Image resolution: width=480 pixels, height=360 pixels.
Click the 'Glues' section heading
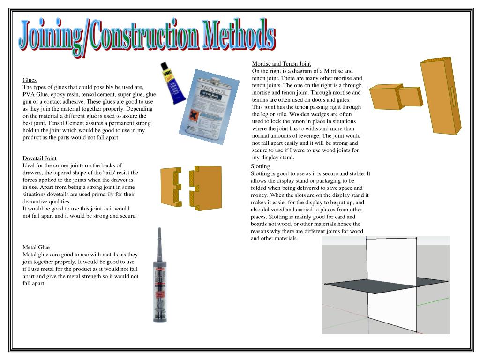pyautogui.click(x=30, y=80)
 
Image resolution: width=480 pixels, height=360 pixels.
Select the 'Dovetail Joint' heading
pyautogui.click(x=39, y=158)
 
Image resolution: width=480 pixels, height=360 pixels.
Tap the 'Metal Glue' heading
pyautogui.click(x=36, y=247)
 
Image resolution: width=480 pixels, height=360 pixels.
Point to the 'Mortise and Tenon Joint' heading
pyautogui.click(x=281, y=64)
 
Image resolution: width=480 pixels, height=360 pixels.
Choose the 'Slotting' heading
pyautogui.click(x=260, y=166)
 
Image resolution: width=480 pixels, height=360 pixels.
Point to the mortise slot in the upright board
pyautogui.click(x=453, y=97)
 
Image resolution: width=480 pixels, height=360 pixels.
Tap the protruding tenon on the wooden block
pyautogui.click(x=411, y=96)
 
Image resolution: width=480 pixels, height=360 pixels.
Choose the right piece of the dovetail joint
pyautogui.click(x=206, y=187)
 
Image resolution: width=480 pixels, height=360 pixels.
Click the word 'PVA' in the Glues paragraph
pyautogui.click(x=29, y=94)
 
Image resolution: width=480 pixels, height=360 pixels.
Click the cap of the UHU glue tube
pyautogui.click(x=164, y=66)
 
